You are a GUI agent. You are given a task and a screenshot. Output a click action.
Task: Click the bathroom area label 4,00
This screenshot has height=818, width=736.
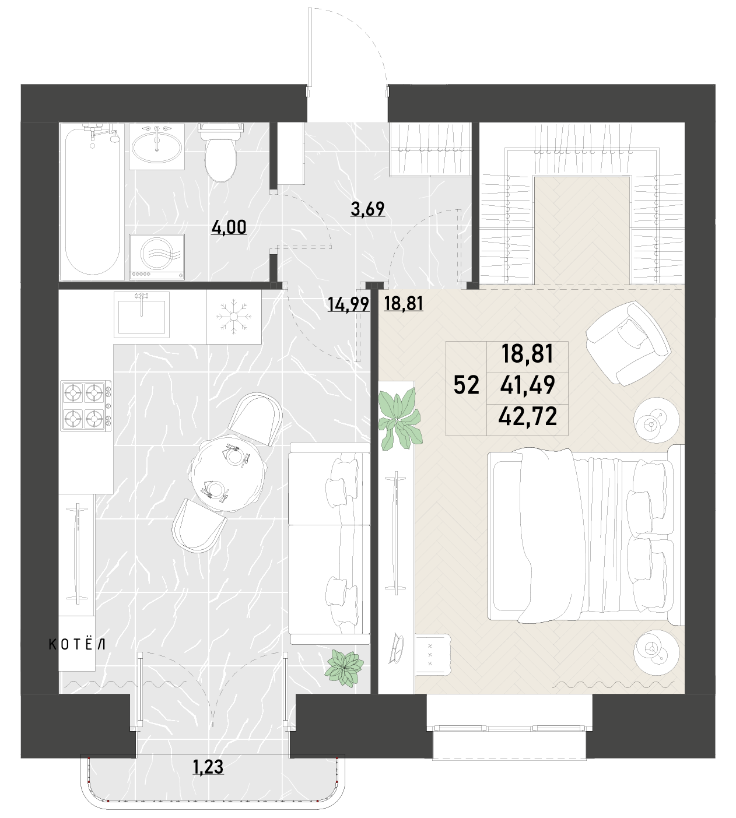click(x=229, y=227)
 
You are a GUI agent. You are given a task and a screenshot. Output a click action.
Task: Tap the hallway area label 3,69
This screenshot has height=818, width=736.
click(x=367, y=209)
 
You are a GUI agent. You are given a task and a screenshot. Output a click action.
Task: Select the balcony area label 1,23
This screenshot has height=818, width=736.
click(x=208, y=767)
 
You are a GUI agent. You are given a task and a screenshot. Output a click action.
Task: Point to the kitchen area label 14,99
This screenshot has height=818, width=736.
click(x=348, y=304)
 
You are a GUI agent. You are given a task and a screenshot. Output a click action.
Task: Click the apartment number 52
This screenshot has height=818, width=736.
click(x=466, y=385)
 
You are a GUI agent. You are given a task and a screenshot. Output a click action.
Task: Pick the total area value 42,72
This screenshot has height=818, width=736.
click(x=528, y=417)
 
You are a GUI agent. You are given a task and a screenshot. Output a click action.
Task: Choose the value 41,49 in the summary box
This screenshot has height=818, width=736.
click(x=528, y=385)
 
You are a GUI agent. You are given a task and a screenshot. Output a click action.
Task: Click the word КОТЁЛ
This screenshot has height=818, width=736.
click(x=77, y=644)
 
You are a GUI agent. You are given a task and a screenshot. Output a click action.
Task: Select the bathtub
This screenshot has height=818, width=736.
click(x=92, y=202)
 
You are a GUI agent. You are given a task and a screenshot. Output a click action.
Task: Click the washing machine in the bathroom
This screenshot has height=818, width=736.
click(x=157, y=257)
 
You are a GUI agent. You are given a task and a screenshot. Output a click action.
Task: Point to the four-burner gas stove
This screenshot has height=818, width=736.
click(x=86, y=405)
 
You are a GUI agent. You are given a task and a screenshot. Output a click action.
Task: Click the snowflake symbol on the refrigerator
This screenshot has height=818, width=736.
click(x=234, y=317)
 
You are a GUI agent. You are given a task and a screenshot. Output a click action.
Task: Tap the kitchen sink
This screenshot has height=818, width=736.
click(x=142, y=315)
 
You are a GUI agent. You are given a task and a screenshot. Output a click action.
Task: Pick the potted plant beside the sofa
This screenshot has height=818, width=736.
click(x=344, y=669)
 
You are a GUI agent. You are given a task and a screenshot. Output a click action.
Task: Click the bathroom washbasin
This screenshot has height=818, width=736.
click(x=157, y=146)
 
